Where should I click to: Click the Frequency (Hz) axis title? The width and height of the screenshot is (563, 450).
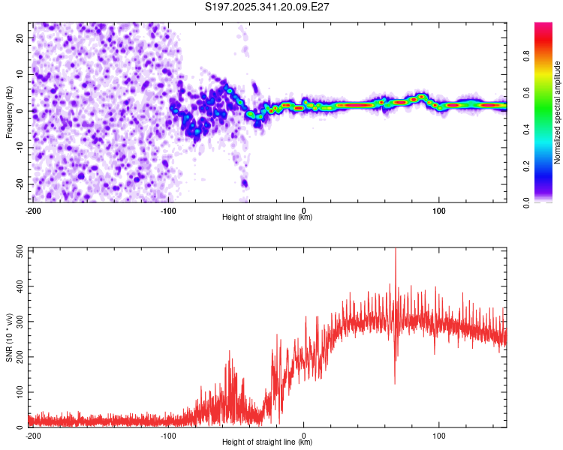[x=9, y=112]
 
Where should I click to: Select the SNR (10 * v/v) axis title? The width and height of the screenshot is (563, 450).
[x=9, y=337]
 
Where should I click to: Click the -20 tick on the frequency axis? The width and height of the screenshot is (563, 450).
[x=20, y=184]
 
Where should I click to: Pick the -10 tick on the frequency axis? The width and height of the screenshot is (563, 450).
[x=20, y=147]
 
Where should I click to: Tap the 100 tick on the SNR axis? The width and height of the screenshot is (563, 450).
[x=19, y=392]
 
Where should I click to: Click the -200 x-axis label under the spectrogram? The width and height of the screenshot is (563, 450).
[x=32, y=209]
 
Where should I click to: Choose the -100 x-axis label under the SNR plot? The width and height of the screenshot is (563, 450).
[x=168, y=434]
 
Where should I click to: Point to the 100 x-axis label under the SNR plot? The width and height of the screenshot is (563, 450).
[x=439, y=434]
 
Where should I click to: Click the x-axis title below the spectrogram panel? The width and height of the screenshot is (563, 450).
[x=267, y=217]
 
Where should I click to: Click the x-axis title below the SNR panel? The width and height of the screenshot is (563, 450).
[x=267, y=442]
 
